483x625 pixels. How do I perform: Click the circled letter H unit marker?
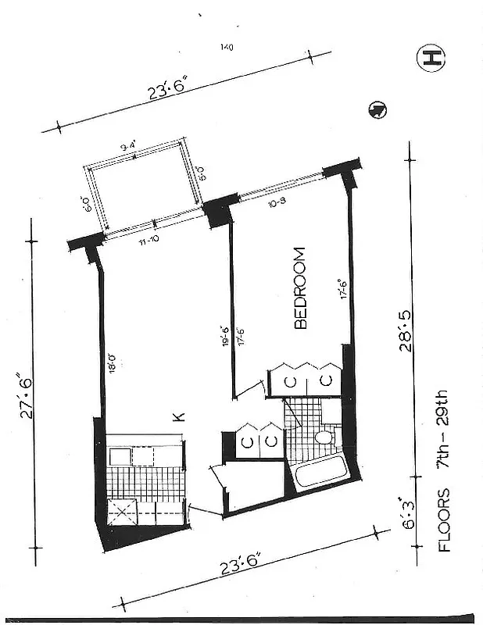pyautogui.click(x=431, y=58)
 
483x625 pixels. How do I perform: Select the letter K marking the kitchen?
pyautogui.click(x=178, y=418)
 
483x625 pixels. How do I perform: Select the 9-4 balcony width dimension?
pyautogui.click(x=130, y=146)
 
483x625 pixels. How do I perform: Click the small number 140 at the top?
pyautogui.click(x=227, y=48)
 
